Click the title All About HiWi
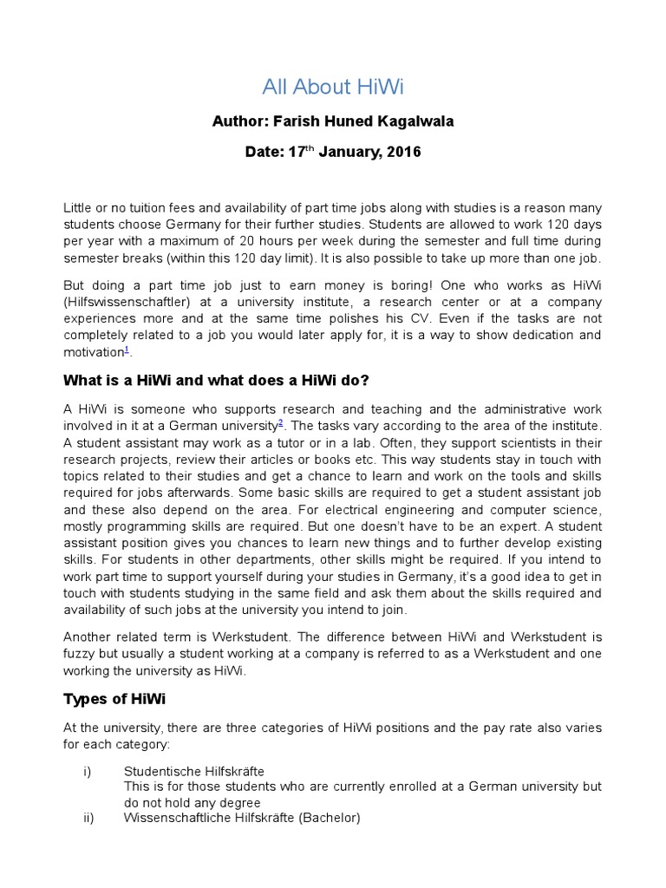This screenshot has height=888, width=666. [333, 87]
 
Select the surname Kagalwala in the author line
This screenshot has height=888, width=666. [415, 121]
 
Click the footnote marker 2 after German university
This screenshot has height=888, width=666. [280, 422]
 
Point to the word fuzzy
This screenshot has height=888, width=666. [80, 654]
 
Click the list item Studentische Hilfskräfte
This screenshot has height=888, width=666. [194, 771]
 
